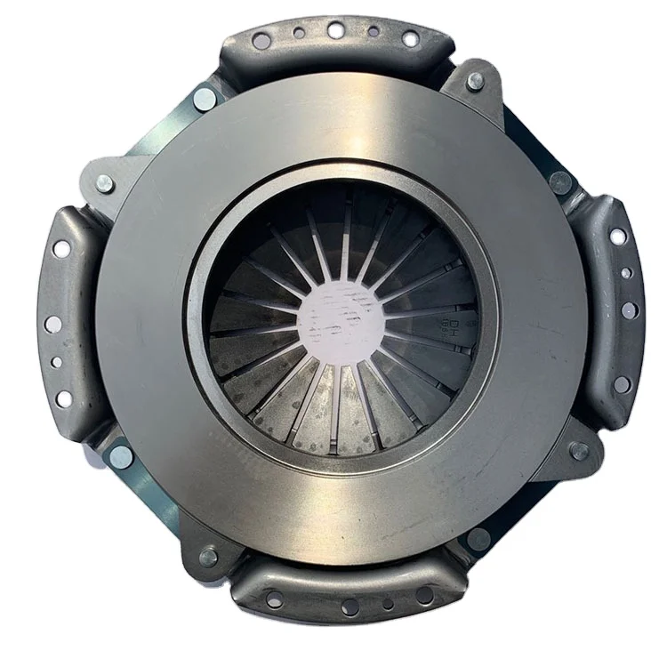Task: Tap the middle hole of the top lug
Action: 335,29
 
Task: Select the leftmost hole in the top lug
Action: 261,40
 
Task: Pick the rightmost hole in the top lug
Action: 410,38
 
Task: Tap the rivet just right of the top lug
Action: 475,80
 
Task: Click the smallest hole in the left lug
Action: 56,362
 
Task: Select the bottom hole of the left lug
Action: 63,398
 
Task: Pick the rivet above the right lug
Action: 559,182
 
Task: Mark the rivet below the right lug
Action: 580,451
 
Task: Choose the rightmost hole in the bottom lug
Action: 425,594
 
